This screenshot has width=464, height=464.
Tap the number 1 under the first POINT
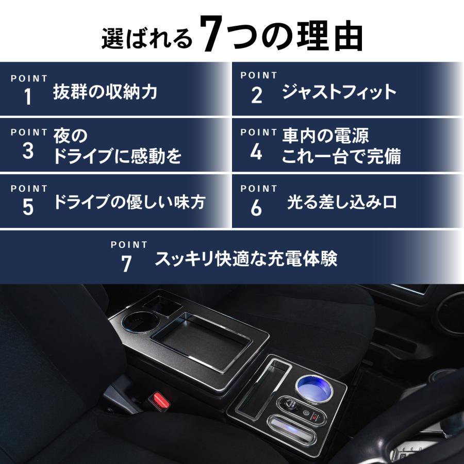point(28,97)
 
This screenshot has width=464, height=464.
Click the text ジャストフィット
point(339,92)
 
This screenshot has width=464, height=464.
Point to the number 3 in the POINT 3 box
point(28,152)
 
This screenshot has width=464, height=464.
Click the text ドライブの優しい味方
point(129,202)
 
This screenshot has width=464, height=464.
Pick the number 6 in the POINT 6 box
point(256,208)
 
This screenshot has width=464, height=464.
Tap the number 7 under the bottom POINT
point(127,263)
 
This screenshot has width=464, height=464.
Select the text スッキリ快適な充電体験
point(246,259)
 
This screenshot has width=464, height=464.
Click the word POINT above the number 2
point(259,75)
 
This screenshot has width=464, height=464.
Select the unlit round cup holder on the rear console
point(137,322)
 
